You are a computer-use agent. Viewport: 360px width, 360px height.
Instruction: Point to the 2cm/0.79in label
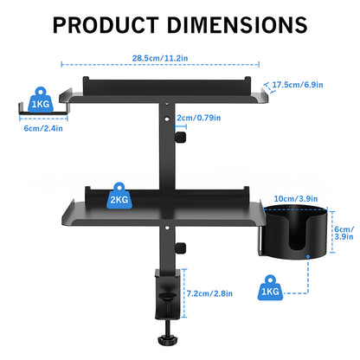196,117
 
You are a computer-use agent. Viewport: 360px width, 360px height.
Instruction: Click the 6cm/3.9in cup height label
344,231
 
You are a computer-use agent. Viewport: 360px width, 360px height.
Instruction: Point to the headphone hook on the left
38,111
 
